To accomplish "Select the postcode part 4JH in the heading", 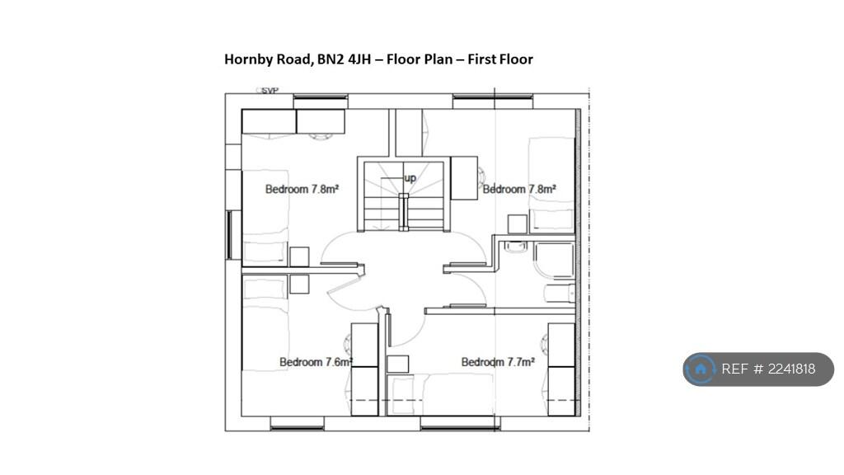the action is [x=359, y=59].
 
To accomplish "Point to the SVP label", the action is [x=270, y=91].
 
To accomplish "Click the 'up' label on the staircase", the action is [x=410, y=178].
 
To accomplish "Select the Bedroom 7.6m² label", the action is [x=316, y=362].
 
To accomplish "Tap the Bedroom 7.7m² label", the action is [x=498, y=362].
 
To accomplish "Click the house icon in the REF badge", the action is [x=701, y=369].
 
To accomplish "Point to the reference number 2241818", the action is [x=792, y=369].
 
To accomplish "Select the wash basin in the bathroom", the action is [x=516, y=246].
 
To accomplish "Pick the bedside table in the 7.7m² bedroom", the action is [x=398, y=364].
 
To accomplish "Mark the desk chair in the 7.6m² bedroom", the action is [x=348, y=345].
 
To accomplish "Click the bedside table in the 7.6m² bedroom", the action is [x=299, y=285].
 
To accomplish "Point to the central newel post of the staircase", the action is [x=404, y=211].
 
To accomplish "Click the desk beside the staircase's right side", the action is [x=464, y=178].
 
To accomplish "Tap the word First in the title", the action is [x=481, y=59].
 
